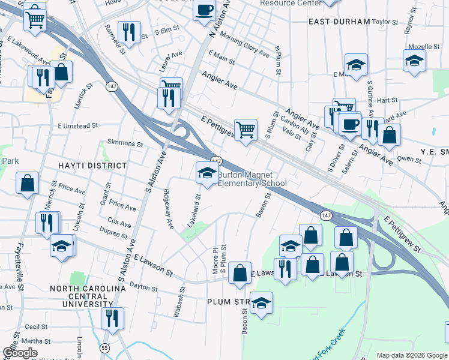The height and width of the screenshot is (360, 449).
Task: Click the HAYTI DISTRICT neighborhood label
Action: click(x=92, y=165)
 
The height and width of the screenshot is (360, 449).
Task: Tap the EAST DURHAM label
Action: click(x=339, y=22)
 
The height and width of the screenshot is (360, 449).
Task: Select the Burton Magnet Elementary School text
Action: click(x=252, y=179)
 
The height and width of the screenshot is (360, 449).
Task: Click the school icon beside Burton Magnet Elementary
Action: click(x=207, y=173)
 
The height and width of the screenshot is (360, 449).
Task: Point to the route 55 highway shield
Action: click(x=105, y=347)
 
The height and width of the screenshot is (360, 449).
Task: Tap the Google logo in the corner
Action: click(x=20, y=353)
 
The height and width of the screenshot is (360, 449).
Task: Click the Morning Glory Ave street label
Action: click(x=244, y=44)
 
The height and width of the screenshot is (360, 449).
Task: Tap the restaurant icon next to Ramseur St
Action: click(x=129, y=31)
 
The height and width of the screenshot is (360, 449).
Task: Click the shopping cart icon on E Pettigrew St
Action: click(x=246, y=129)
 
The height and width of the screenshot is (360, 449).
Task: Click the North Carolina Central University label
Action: click(x=88, y=296)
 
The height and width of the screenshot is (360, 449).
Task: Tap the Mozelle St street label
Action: click(x=420, y=46)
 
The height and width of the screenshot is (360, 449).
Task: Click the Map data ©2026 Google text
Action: click(x=411, y=355)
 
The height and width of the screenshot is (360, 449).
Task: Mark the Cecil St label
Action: click(x=36, y=327)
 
